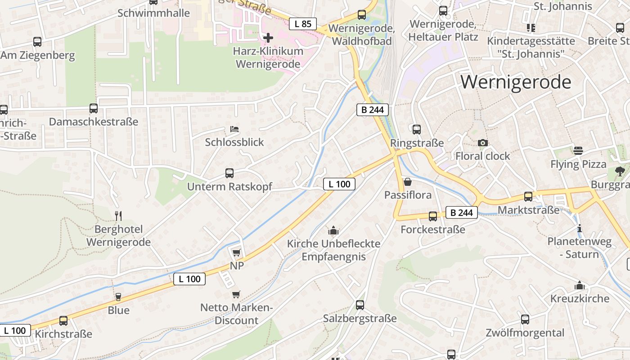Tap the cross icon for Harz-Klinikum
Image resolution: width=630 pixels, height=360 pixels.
pyautogui.click(x=268, y=37)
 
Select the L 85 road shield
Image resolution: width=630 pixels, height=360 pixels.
pyautogui.click(x=303, y=24)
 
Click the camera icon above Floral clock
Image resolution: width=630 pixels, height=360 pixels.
pyautogui.click(x=482, y=143)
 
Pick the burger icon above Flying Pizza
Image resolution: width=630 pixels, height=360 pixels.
pyautogui.click(x=578, y=150)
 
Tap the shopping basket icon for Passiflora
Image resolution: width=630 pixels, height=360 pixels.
pyautogui.click(x=408, y=182)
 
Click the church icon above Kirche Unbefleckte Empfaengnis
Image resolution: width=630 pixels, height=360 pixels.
pyautogui.click(x=333, y=230)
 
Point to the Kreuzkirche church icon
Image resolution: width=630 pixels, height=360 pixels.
pyautogui.click(x=580, y=285)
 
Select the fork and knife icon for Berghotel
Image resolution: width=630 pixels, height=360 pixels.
pyautogui.click(x=118, y=216)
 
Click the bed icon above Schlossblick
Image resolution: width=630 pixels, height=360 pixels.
pyautogui.click(x=234, y=129)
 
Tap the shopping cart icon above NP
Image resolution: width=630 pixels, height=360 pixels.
pyautogui.click(x=237, y=252)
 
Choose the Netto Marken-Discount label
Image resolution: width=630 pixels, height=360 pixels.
pyautogui.click(x=236, y=314)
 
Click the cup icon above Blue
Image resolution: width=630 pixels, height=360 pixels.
pyautogui.click(x=118, y=297)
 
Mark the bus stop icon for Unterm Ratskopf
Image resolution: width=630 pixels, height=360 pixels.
pyautogui.click(x=229, y=173)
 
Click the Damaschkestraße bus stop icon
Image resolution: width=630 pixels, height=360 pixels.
pyautogui.click(x=94, y=108)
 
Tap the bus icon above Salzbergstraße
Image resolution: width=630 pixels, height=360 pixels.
pyautogui.click(x=360, y=305)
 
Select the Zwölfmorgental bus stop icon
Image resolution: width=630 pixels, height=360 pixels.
pyautogui.click(x=525, y=319)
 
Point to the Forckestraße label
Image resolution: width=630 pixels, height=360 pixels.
pyautogui.click(x=433, y=229)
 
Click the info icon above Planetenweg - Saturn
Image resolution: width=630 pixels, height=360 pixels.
pyautogui.click(x=580, y=228)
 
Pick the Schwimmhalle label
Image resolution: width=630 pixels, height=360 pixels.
pyautogui.click(x=153, y=13)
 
